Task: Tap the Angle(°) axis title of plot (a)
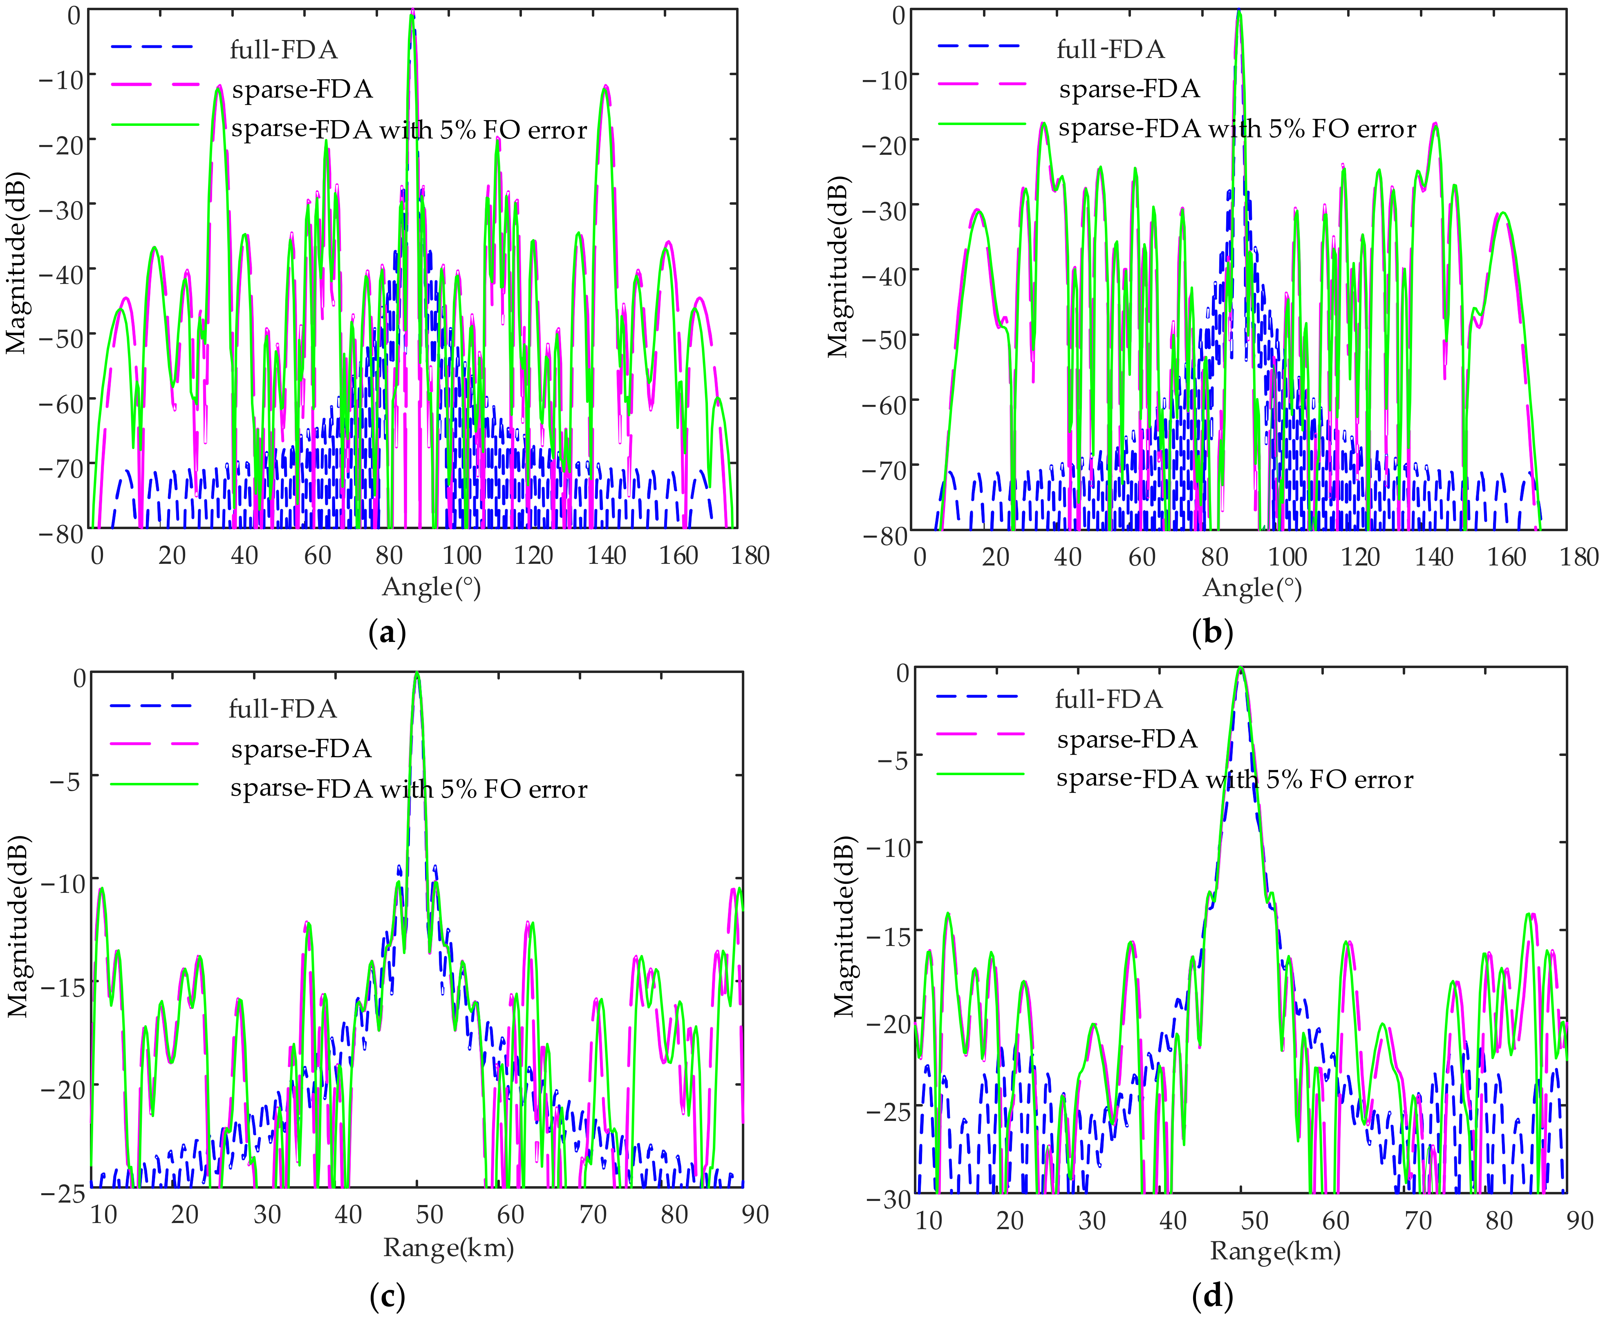(431, 587)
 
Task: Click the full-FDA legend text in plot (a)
(284, 50)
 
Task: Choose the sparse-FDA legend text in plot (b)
(1129, 89)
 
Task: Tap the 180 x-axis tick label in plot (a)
(750, 555)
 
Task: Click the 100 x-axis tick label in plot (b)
(1287, 557)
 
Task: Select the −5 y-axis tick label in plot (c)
(64, 781)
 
